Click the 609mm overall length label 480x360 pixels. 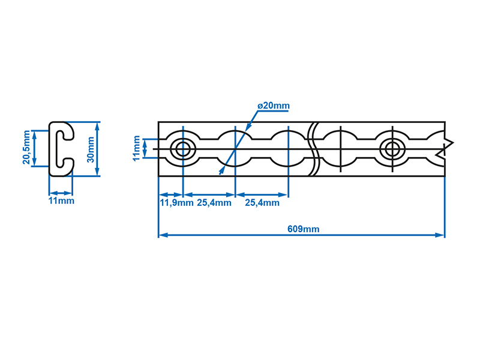(304, 229)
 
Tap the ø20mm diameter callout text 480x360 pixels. (274, 106)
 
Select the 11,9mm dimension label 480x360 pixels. (176, 203)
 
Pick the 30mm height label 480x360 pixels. (91, 149)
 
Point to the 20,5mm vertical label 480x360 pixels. (26, 147)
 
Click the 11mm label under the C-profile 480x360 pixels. (61, 201)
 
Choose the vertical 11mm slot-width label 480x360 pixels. (136, 148)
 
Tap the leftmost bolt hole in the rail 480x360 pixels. (183, 149)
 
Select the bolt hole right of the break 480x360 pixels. (392, 149)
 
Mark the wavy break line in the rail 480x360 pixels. (314, 149)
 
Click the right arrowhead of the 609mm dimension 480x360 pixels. (440, 235)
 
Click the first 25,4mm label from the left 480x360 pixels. (214, 203)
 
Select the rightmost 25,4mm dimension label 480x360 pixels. (262, 203)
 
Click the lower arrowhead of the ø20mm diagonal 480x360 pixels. (221, 171)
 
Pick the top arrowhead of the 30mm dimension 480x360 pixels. (98, 126)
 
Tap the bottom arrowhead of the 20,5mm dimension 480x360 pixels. (34, 161)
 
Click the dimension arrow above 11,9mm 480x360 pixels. (171, 194)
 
